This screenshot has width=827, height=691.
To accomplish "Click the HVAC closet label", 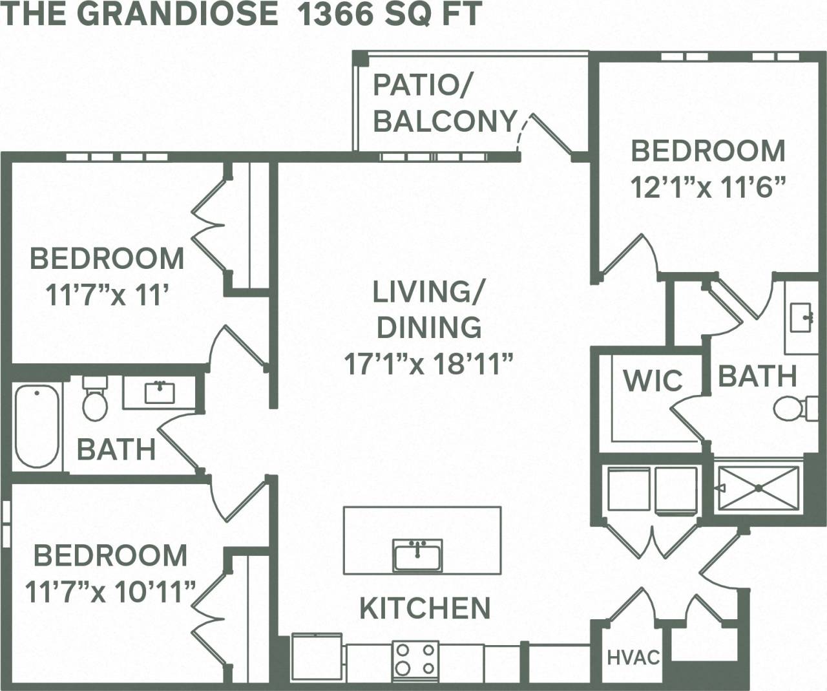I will pyautogui.click(x=633, y=658).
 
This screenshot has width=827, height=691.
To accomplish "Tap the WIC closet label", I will pyautogui.click(x=653, y=381).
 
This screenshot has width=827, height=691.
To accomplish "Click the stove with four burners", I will pyautogui.click(x=415, y=659).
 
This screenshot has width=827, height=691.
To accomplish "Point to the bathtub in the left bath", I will pyautogui.click(x=37, y=426).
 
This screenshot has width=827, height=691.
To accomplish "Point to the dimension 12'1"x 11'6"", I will pyautogui.click(x=707, y=187).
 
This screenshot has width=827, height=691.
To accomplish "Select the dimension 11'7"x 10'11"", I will pyautogui.click(x=110, y=591).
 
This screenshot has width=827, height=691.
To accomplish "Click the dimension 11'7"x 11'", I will pyautogui.click(x=107, y=295).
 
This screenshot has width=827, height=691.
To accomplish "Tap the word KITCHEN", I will pyautogui.click(x=424, y=608).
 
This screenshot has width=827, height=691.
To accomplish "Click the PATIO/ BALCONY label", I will pyautogui.click(x=445, y=103).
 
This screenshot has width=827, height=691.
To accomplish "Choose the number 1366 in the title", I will pyautogui.click(x=333, y=14).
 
